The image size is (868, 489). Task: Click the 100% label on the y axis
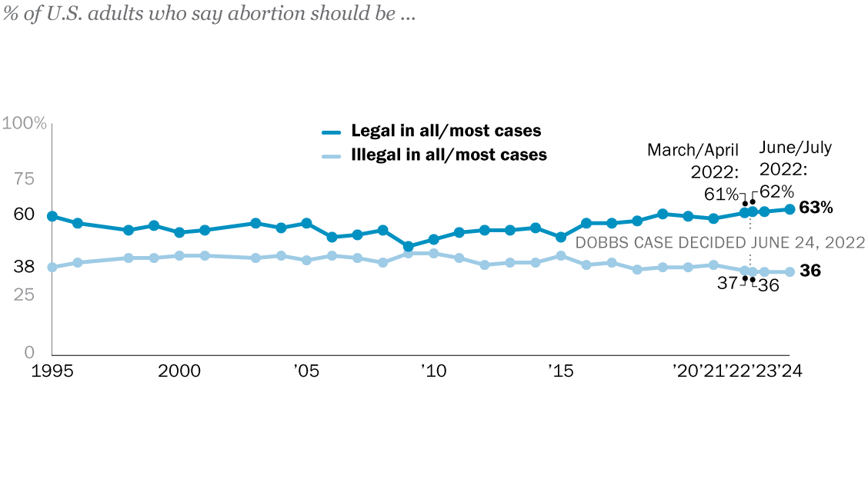[25, 124]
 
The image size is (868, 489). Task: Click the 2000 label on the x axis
[179, 371]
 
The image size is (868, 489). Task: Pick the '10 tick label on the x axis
[433, 371]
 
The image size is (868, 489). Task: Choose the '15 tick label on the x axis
[560, 371]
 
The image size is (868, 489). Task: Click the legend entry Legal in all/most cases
[446, 131]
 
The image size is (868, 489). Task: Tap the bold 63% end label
[816, 208]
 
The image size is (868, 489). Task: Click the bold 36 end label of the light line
[810, 271]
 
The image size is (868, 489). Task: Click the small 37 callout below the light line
[728, 284]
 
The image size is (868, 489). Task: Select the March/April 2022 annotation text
[693, 159]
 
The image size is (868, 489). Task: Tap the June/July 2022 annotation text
[796, 158]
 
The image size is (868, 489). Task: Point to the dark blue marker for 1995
[52, 216]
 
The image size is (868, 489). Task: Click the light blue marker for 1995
[52, 267]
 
